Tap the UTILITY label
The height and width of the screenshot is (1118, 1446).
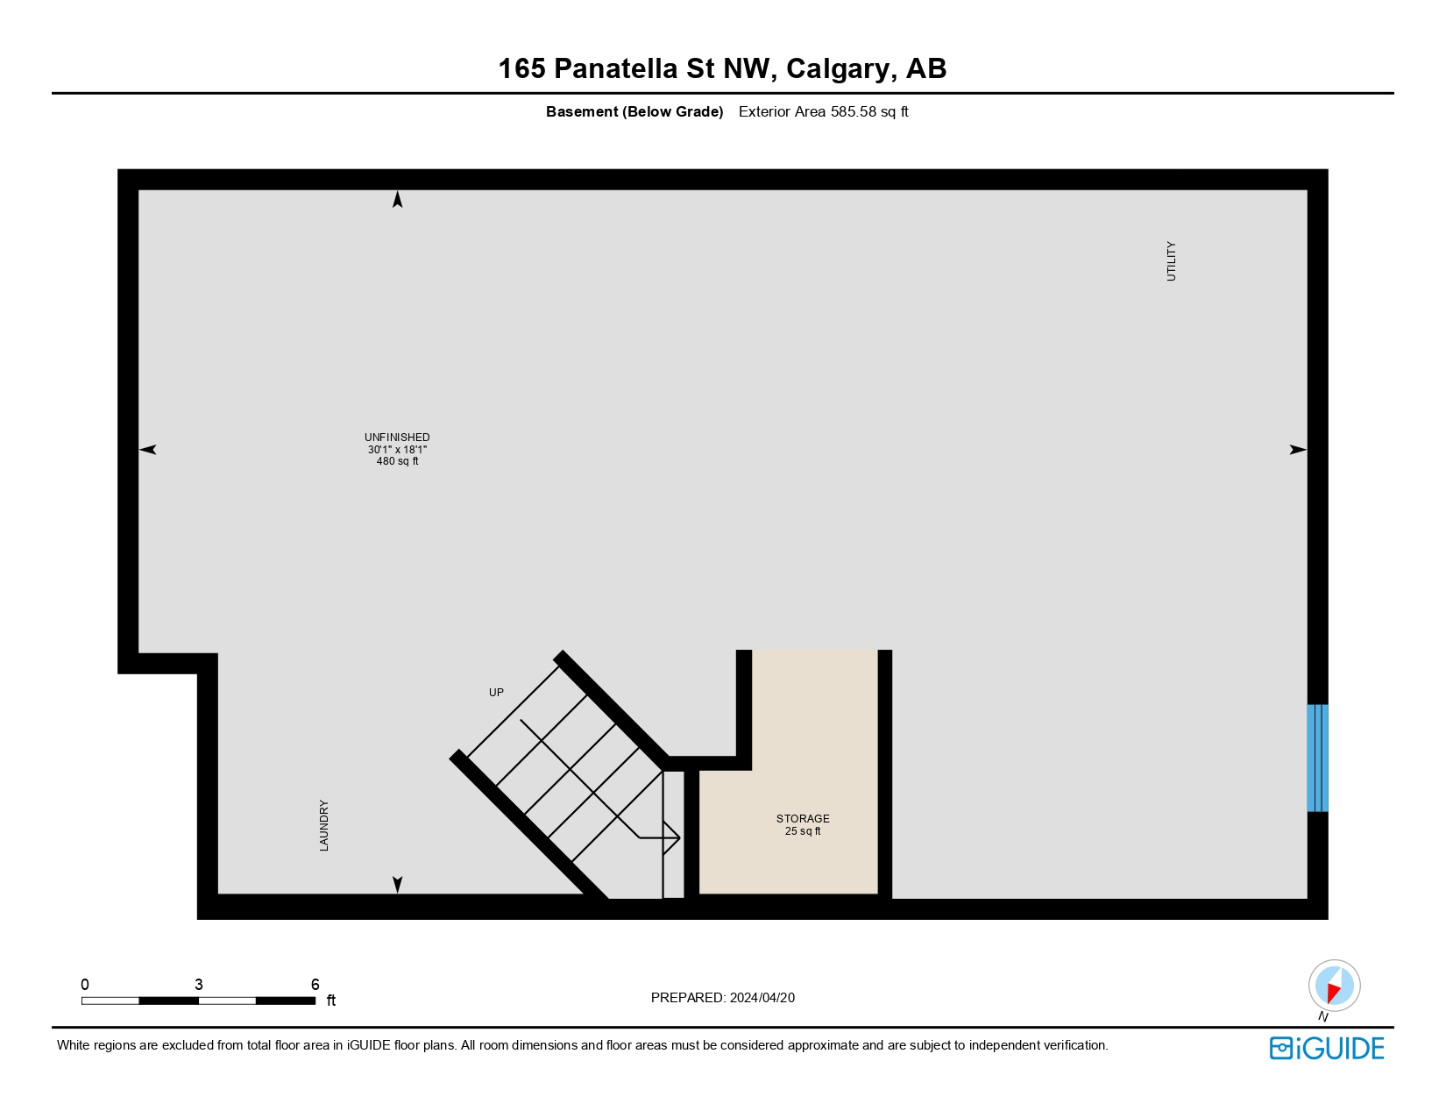point(1171,261)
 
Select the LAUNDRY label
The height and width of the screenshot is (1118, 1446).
point(324,825)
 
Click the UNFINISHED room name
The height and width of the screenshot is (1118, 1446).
point(397,438)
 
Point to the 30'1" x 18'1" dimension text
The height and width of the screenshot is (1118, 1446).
point(397,450)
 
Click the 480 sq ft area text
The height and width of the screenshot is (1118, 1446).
point(397,461)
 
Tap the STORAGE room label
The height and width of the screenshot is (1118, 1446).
point(803,819)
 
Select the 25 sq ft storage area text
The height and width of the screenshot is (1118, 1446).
point(803,831)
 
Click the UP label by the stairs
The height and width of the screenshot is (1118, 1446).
point(496,693)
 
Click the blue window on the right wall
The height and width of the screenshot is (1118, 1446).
point(1317,758)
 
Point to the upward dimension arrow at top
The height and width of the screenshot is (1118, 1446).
point(398,200)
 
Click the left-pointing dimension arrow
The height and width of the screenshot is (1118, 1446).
point(148,450)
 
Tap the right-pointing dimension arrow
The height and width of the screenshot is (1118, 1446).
point(1297,450)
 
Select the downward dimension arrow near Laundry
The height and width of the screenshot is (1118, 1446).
point(398,884)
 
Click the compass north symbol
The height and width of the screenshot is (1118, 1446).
point(1334,986)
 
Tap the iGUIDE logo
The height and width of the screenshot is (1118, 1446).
point(1327,1048)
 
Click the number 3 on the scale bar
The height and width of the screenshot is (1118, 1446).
point(199,985)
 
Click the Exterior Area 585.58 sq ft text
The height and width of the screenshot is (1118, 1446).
point(823,111)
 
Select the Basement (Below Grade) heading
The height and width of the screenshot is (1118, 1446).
point(634,111)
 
